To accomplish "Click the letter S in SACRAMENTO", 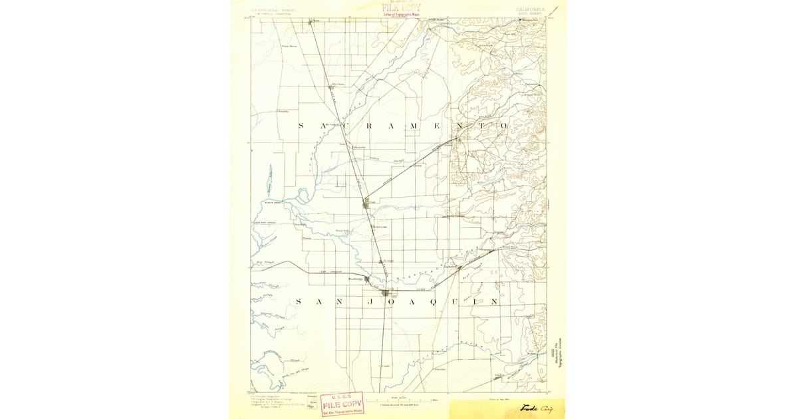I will point(302,125).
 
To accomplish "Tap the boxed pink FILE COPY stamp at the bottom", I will point(342,403).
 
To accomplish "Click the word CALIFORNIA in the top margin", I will point(530,9).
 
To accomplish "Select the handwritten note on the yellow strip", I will point(536,408).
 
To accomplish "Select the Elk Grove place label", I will point(338,84).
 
